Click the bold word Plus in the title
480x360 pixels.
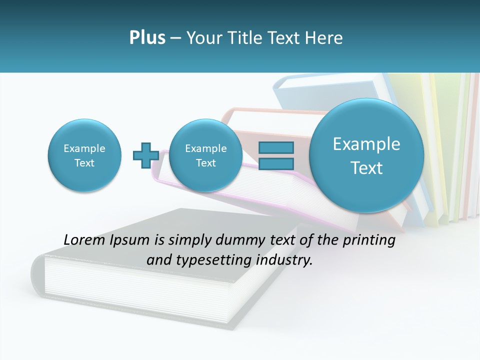point(147,38)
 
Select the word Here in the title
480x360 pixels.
point(324,38)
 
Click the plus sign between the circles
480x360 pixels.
point(145,155)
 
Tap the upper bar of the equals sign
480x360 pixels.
point(276,148)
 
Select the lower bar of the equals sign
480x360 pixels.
point(276,163)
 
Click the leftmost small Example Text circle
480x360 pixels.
point(84,155)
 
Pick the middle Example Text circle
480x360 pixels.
point(205,155)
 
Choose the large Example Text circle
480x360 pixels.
point(366,155)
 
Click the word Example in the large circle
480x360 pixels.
point(366,144)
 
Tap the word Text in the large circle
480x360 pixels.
point(366,168)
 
